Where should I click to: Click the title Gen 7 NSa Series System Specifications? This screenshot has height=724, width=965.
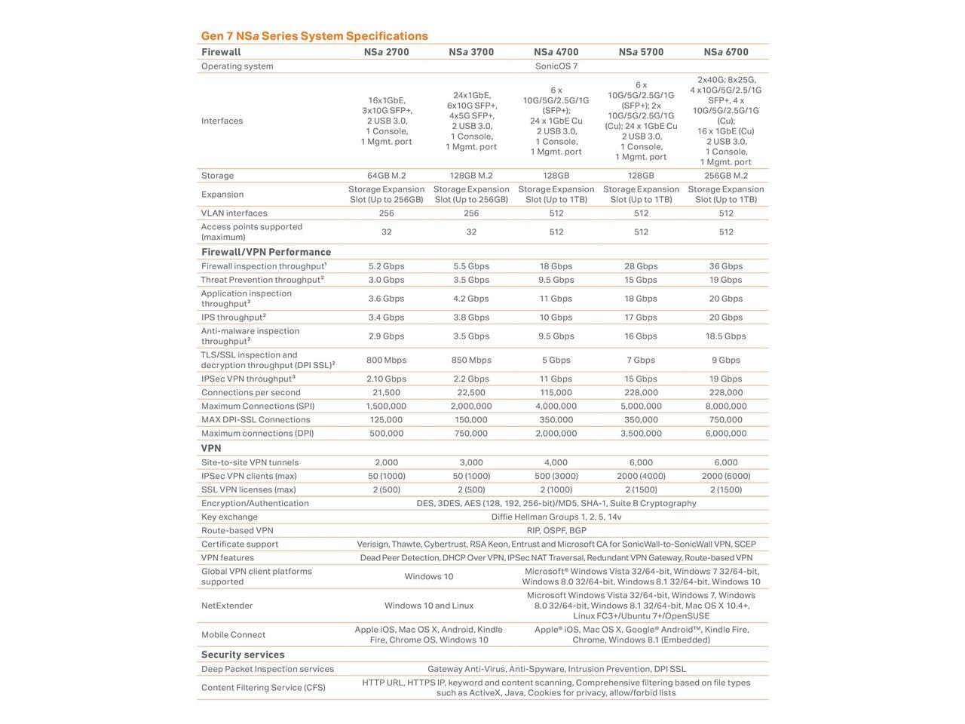tap(314, 36)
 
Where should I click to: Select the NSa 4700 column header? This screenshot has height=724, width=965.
tap(556, 52)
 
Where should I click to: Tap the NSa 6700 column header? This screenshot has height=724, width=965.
tap(726, 52)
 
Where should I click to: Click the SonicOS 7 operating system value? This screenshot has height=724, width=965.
tap(556, 66)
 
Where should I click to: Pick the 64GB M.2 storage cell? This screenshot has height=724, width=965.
tap(386, 176)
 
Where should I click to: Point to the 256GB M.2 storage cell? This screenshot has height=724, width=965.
tap(726, 176)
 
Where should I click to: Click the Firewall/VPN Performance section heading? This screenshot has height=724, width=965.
tap(266, 252)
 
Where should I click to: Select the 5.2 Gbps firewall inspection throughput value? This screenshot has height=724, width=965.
tap(386, 266)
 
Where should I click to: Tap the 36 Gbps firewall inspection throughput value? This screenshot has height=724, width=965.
tap(726, 266)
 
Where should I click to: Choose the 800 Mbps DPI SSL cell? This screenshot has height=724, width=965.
tap(386, 360)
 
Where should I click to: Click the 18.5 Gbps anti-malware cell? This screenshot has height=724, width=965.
tap(726, 336)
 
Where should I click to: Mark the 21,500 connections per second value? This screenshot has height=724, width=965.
tap(386, 393)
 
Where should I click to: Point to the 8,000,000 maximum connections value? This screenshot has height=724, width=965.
tap(726, 406)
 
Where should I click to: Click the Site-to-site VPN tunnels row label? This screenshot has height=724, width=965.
tap(250, 463)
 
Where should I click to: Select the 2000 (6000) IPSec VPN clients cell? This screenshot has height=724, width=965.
tap(726, 477)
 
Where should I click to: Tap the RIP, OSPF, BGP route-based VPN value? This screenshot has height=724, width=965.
tap(556, 531)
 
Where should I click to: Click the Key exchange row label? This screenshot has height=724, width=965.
tap(229, 517)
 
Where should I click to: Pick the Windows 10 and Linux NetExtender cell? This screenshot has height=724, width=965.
tap(429, 606)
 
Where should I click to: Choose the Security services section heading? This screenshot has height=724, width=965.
tap(243, 655)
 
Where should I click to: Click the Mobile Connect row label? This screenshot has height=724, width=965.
tap(233, 635)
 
